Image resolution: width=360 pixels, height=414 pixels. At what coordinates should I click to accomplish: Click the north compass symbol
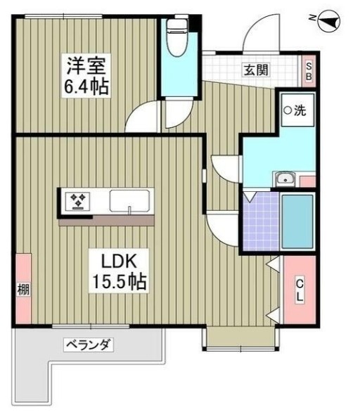point(328,23)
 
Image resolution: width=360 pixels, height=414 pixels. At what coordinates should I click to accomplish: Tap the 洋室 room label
point(86,67)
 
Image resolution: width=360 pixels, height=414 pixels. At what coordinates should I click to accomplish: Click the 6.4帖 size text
point(86,89)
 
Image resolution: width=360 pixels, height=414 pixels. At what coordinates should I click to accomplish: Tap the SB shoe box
point(309,70)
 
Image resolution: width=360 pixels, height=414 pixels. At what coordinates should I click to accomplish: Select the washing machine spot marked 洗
point(295,110)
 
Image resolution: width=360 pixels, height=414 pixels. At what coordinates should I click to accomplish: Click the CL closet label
point(299,290)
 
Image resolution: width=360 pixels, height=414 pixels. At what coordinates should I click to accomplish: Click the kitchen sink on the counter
point(129,201)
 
